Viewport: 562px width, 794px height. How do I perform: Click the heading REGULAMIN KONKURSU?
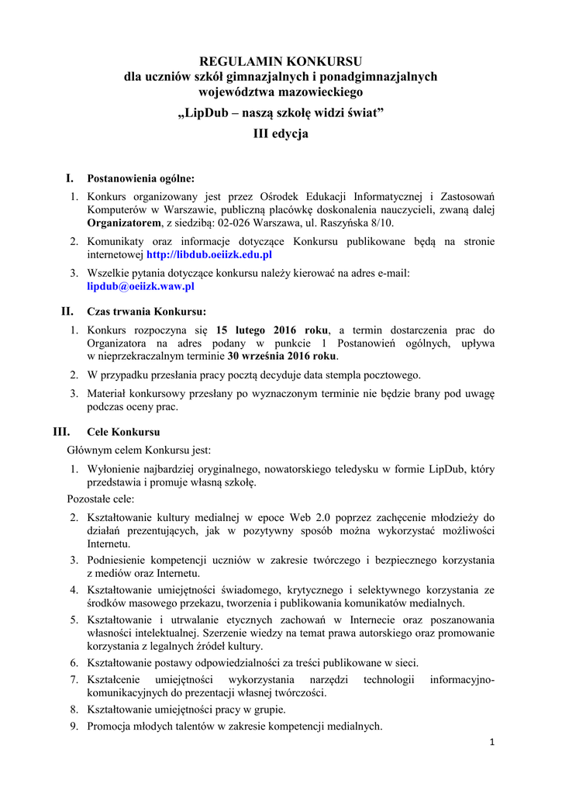pos(281,61)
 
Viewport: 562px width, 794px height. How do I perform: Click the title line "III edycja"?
pos(281,134)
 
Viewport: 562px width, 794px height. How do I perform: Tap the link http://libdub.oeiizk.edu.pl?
pos(209,254)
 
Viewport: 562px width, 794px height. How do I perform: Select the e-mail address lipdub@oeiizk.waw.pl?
pos(140,285)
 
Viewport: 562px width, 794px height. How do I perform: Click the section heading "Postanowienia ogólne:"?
pos(140,179)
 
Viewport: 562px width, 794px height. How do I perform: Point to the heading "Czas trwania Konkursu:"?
pos(147,312)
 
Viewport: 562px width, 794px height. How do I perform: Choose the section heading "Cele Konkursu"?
pos(123,432)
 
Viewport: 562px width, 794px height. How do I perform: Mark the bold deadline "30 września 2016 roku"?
pos(282,357)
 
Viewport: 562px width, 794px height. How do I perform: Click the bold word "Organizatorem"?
pos(122,223)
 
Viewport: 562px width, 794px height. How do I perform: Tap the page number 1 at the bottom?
pos(491,742)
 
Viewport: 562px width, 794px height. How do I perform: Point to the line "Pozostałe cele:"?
pos(100,499)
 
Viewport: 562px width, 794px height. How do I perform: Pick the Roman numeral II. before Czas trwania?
pos(67,312)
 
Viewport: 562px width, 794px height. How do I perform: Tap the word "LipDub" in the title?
pos(208,114)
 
